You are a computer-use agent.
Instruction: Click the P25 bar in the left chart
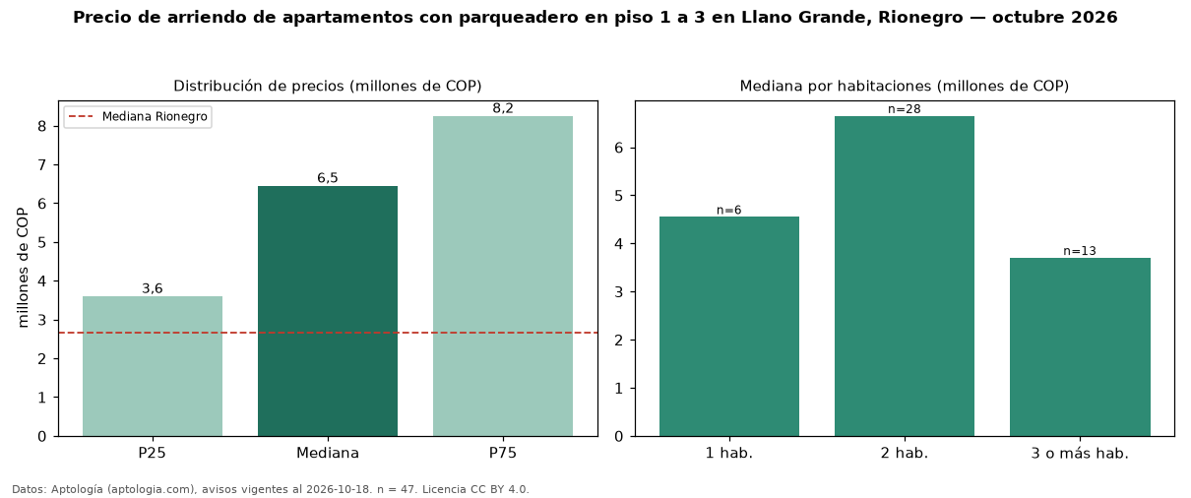click(153, 366)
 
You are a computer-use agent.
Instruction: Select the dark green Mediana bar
click(328, 311)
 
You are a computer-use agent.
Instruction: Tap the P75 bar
click(502, 277)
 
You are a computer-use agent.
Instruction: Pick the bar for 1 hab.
click(729, 327)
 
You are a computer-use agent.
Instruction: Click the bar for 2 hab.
click(905, 277)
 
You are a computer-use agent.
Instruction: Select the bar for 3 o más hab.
click(1080, 347)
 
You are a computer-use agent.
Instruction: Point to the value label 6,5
click(328, 178)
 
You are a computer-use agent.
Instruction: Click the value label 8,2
click(503, 108)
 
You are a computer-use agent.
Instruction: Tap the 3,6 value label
click(153, 288)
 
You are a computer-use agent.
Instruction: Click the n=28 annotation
click(905, 109)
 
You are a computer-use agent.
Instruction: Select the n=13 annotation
click(1080, 251)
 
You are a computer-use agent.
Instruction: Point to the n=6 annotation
click(729, 210)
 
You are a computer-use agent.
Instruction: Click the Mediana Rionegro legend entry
click(138, 117)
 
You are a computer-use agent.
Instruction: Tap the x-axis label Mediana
click(328, 453)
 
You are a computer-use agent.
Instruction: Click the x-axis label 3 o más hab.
click(1080, 454)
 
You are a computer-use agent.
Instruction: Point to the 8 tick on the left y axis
click(42, 127)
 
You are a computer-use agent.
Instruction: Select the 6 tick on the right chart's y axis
click(618, 148)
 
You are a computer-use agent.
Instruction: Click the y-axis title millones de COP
click(23, 268)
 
